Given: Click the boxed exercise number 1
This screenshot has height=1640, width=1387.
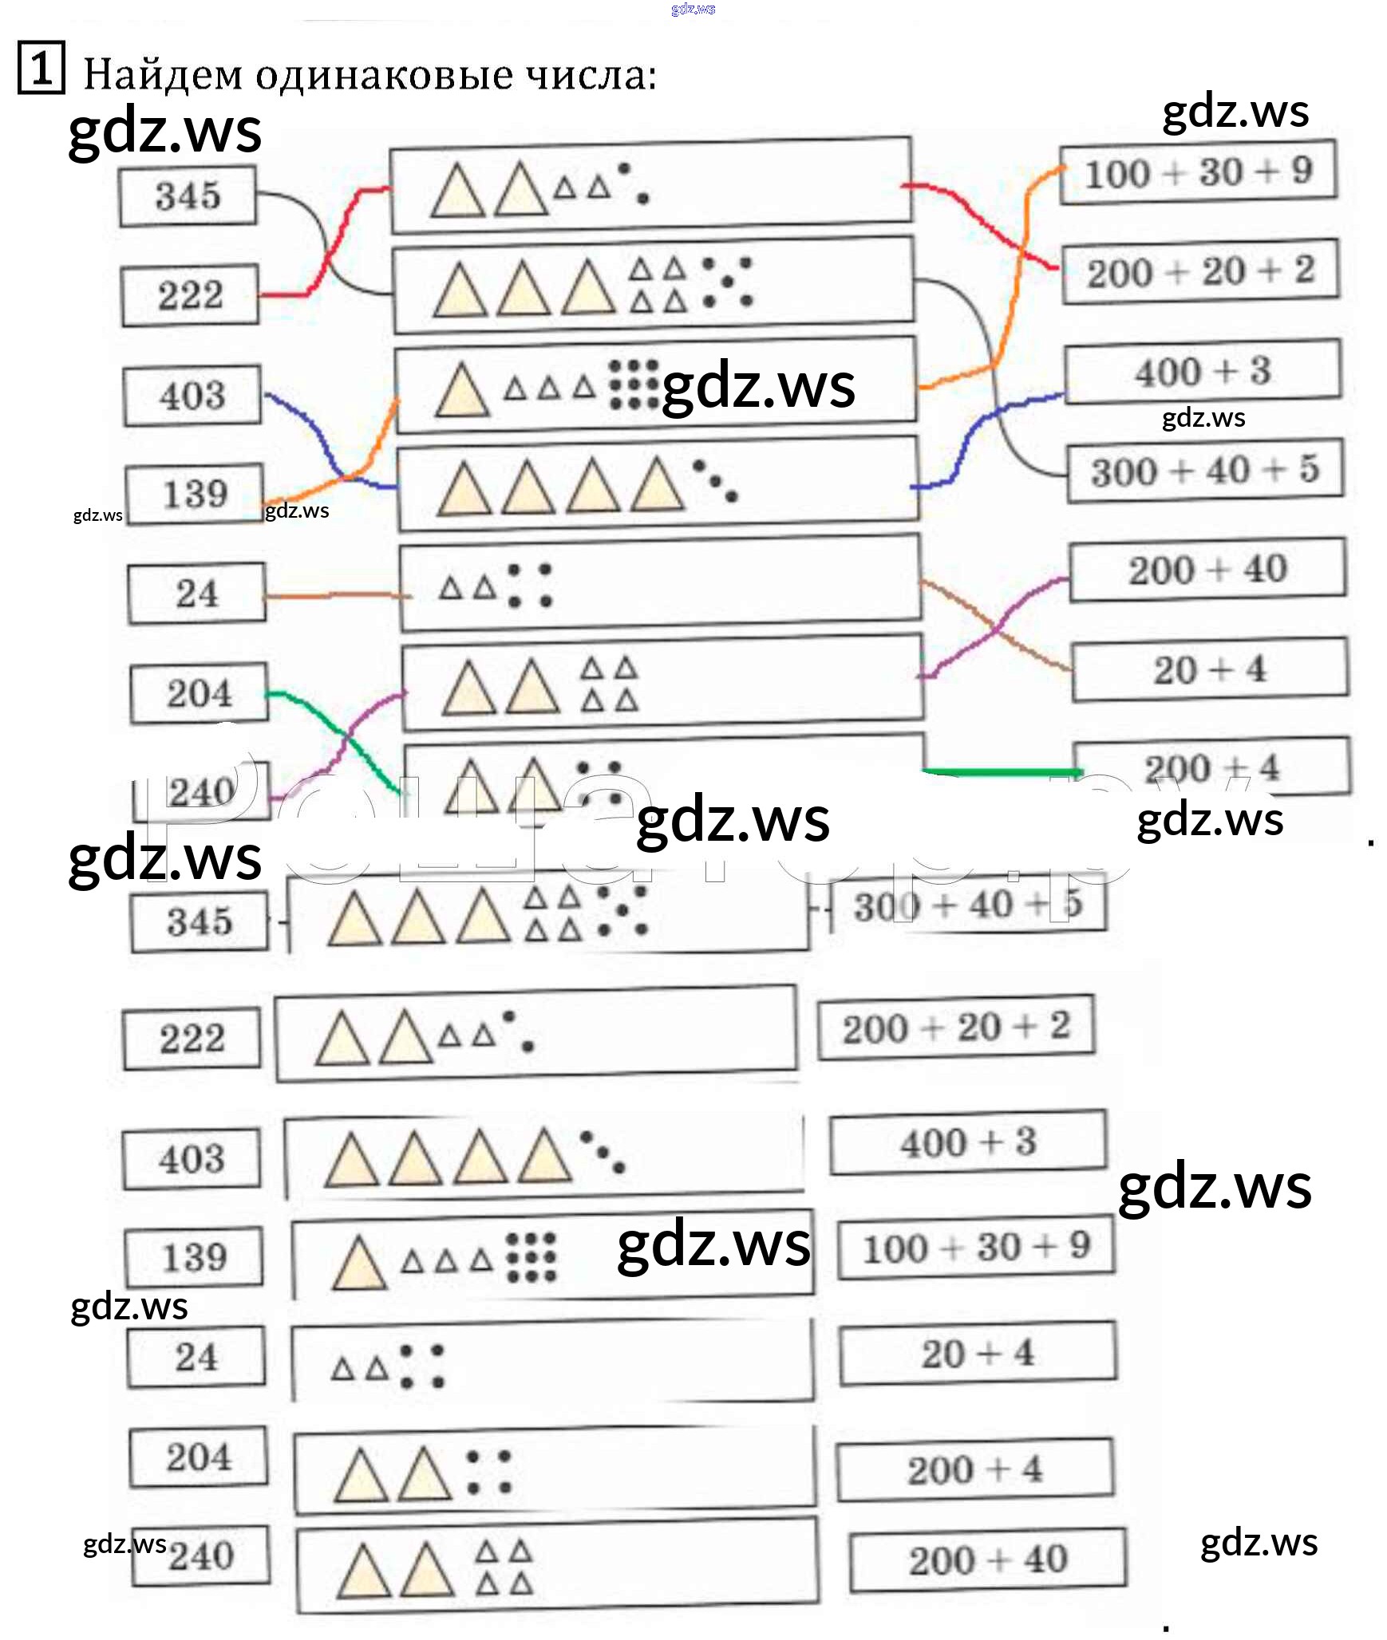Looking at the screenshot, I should pyautogui.click(x=41, y=69).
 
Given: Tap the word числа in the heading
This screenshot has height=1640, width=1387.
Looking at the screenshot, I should pyautogui.click(x=590, y=75).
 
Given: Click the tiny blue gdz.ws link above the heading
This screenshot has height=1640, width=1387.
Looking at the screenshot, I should pyautogui.click(x=693, y=9).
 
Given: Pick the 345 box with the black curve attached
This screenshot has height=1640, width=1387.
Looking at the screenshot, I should pyautogui.click(x=188, y=195).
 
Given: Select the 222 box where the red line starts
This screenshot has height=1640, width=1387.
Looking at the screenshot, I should pyautogui.click(x=190, y=296).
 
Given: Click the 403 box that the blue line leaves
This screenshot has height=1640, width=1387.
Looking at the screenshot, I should pyautogui.click(x=192, y=396).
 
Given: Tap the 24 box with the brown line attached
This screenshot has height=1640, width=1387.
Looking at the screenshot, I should pyautogui.click(x=196, y=593).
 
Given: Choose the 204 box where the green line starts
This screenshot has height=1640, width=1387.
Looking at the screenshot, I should pyautogui.click(x=199, y=693).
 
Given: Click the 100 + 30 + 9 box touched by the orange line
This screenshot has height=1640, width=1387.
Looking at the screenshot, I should pyautogui.click(x=1197, y=172).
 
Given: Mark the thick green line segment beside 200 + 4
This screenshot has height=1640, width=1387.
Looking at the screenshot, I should pyautogui.click(x=1002, y=771).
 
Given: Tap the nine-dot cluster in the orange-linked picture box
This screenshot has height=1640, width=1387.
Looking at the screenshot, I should pyautogui.click(x=634, y=384).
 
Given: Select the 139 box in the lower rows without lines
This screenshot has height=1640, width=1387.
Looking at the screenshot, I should pyautogui.click(x=194, y=1257).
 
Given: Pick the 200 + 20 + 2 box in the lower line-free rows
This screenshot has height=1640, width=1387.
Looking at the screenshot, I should pyautogui.click(x=955, y=1027).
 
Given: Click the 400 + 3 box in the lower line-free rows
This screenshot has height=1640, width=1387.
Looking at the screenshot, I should pyautogui.click(x=967, y=1142).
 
